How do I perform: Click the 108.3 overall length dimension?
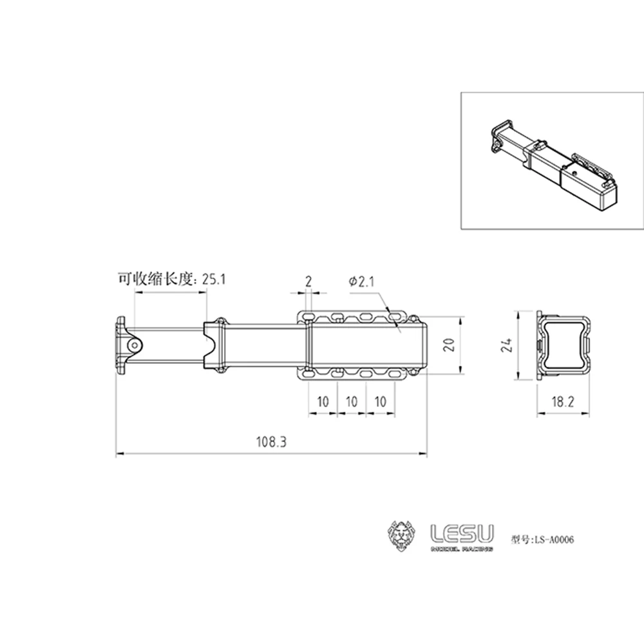[x=270, y=442]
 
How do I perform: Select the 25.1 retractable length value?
[x=214, y=279]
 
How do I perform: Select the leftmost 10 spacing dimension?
[x=323, y=401]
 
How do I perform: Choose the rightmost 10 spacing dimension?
[x=380, y=401]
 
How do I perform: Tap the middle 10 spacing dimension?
[x=352, y=401]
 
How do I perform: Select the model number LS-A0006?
[x=552, y=540]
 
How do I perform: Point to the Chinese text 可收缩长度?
[x=155, y=279]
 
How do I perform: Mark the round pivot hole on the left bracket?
[x=135, y=345]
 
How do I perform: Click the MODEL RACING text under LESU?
[x=462, y=549]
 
